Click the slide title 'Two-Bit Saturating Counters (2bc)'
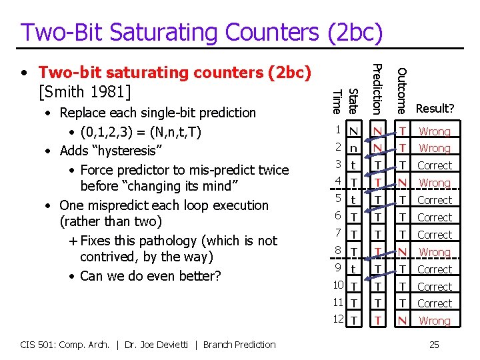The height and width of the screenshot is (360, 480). pyautogui.click(x=201, y=31)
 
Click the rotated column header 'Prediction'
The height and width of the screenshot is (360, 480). pyautogui.click(x=377, y=87)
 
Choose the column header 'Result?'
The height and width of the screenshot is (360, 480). pyautogui.click(x=435, y=108)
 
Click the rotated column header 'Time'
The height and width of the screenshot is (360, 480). pyautogui.click(x=337, y=101)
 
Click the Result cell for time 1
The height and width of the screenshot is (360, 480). pyautogui.click(x=435, y=131)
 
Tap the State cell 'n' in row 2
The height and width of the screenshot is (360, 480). pyautogui.click(x=354, y=148)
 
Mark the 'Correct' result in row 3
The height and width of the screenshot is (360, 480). pyautogui.click(x=435, y=165)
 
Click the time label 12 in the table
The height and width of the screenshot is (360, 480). pyautogui.click(x=338, y=319)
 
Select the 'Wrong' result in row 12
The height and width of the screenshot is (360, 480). pyautogui.click(x=435, y=321)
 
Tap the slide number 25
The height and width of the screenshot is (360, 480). pyautogui.click(x=434, y=344)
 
